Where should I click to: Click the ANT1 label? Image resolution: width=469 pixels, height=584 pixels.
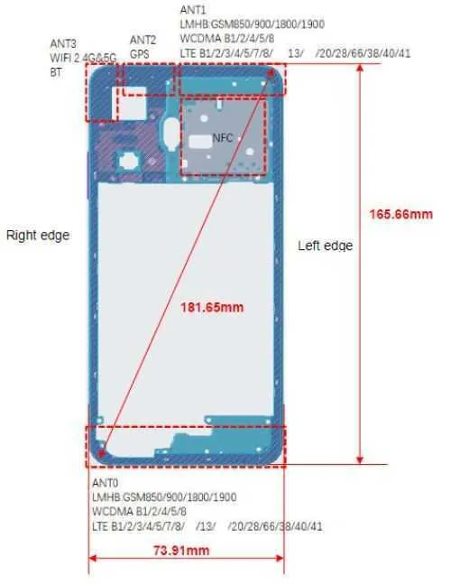coord(193,10)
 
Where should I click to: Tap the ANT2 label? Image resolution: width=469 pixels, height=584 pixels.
coord(143,40)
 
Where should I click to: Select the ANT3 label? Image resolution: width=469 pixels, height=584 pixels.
coord(63,43)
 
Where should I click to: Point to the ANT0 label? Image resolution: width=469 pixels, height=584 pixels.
coord(105,483)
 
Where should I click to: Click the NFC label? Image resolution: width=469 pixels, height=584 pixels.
coord(223,138)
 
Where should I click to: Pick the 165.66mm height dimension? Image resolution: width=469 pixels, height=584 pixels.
coord(401,214)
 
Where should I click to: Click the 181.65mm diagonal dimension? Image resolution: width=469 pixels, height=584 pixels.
coord(212,307)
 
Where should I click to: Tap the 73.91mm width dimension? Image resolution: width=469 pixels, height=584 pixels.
coord(181,551)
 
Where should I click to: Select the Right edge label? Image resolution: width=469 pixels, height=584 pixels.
coord(38,236)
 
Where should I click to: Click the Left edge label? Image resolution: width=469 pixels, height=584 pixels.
coord(326,246)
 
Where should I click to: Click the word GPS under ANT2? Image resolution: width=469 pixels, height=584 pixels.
coord(140,54)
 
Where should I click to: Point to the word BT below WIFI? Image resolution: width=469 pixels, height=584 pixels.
coord(56,72)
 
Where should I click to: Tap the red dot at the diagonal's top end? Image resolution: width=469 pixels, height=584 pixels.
coord(271,72)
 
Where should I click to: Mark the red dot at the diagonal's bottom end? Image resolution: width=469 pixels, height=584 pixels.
coord(100,453)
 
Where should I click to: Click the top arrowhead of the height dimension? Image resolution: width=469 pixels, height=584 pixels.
coord(360,69)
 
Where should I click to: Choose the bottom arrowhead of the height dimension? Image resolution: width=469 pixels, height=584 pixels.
coord(360,460)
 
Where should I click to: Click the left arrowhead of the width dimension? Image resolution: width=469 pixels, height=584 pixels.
coord(93,558)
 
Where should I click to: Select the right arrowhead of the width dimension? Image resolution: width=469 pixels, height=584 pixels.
coord(280,558)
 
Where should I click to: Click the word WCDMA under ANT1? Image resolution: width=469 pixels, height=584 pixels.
coord(200,39)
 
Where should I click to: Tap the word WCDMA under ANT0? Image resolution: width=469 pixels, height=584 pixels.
coord(113,512)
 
